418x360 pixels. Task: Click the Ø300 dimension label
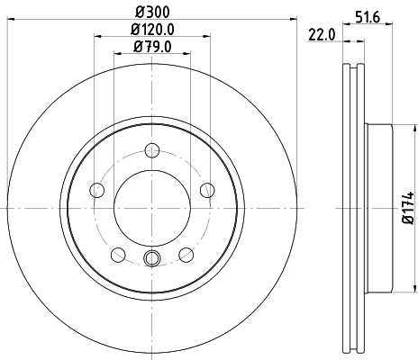click(152, 13)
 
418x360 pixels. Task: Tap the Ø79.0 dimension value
click(152, 47)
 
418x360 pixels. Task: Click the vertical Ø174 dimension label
click(407, 208)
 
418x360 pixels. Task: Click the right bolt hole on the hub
click(206, 189)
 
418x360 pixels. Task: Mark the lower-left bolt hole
click(118, 254)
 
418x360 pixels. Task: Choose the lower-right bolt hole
click(186, 254)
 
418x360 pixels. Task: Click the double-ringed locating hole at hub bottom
click(152, 261)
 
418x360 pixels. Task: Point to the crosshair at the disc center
click(152, 208)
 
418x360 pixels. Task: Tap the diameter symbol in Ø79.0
click(138, 47)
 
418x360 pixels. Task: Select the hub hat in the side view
click(383, 208)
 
